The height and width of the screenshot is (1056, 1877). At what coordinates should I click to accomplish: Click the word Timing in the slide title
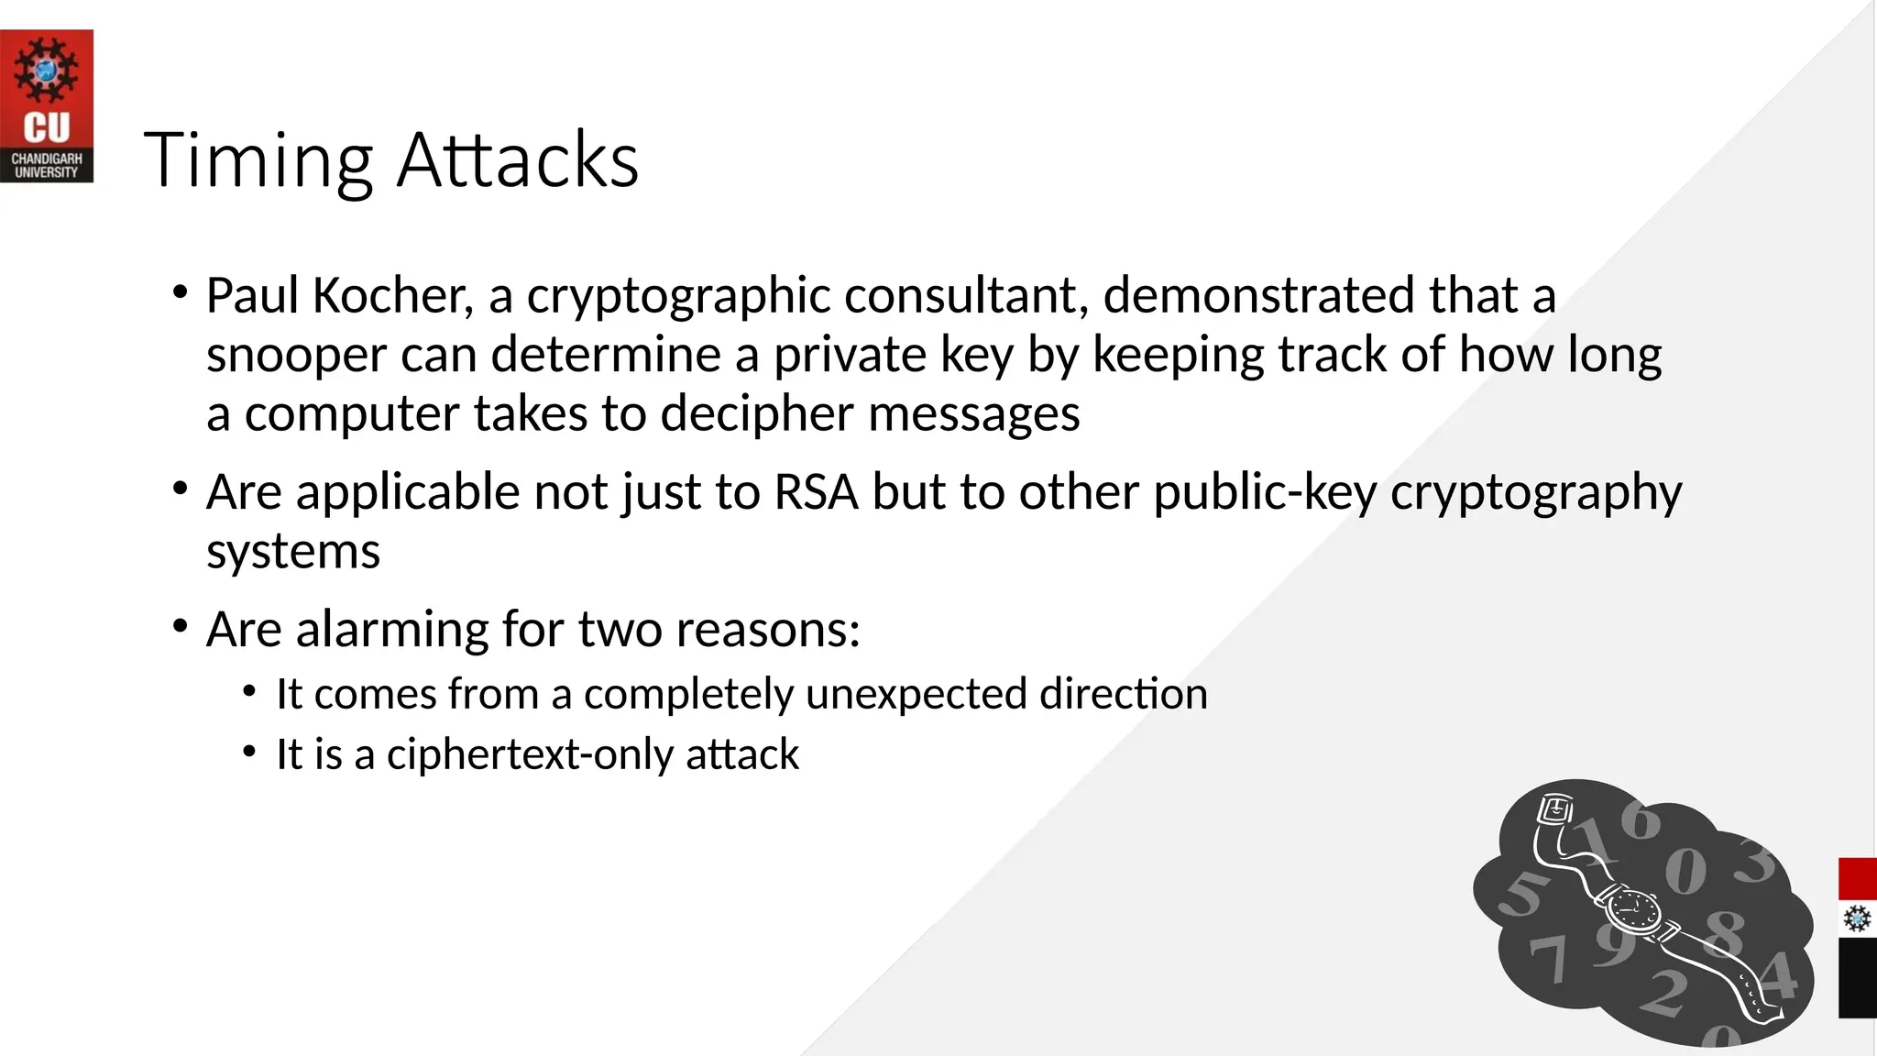(258, 161)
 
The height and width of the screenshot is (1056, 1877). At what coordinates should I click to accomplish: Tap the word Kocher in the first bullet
(392, 296)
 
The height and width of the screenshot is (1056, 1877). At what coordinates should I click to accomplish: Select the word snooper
(296, 355)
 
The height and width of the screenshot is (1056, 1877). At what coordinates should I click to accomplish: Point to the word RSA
(816, 492)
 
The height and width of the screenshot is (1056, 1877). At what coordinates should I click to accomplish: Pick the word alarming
(392, 630)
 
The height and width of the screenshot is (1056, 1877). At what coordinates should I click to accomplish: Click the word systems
(293, 552)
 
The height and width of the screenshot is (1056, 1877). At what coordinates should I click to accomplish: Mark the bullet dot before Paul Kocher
(181, 294)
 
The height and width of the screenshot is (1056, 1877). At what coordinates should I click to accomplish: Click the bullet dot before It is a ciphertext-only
(249, 753)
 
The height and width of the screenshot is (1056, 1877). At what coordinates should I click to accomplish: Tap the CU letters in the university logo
(46, 128)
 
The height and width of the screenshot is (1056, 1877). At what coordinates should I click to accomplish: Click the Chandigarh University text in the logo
(46, 166)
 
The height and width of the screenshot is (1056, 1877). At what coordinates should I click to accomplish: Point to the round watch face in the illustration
(1631, 909)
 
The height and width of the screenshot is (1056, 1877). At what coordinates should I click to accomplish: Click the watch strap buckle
(1554, 810)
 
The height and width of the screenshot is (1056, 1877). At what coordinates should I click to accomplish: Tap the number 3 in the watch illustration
(1756, 862)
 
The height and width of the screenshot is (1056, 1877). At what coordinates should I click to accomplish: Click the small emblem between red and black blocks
(1857, 918)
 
